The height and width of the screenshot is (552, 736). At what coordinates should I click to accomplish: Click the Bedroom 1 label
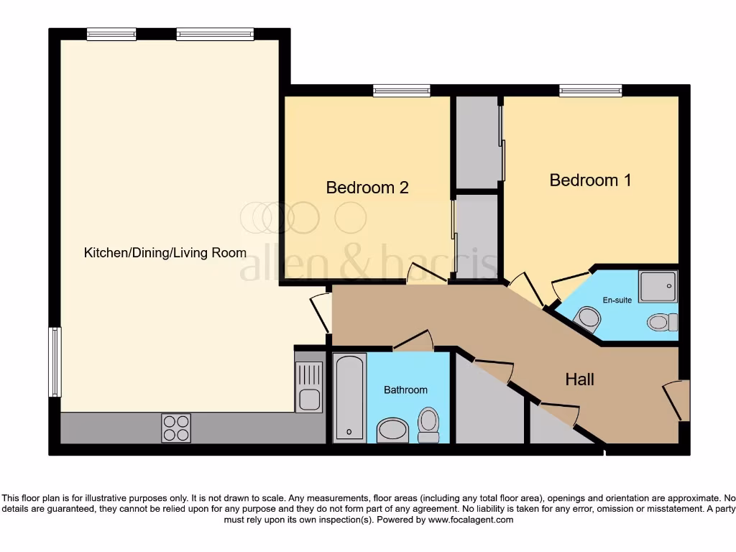point(590,180)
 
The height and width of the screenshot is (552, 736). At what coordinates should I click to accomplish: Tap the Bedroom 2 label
point(367,188)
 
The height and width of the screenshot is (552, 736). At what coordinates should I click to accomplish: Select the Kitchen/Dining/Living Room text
point(165,253)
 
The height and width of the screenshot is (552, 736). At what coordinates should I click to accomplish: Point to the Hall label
point(579,379)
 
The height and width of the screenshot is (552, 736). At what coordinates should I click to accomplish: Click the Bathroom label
point(405,390)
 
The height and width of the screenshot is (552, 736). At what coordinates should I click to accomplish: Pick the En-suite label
point(617,300)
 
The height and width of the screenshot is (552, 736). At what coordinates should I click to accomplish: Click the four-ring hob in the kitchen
point(176,428)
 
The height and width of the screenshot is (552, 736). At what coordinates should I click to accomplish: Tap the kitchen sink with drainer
point(310,387)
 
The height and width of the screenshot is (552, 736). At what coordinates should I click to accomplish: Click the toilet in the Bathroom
point(428,424)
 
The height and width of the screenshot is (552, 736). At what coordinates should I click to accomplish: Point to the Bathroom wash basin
point(392,431)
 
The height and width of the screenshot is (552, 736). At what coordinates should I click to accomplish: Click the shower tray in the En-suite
point(657,286)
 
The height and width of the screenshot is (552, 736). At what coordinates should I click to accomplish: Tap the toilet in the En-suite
point(662,321)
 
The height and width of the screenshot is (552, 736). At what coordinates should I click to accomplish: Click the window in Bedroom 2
point(402,91)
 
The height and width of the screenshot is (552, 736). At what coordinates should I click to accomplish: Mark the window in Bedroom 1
point(591,91)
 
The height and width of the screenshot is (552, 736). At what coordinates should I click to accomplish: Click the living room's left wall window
point(55,362)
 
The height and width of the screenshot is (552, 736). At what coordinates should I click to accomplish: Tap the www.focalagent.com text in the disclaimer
point(471,520)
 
